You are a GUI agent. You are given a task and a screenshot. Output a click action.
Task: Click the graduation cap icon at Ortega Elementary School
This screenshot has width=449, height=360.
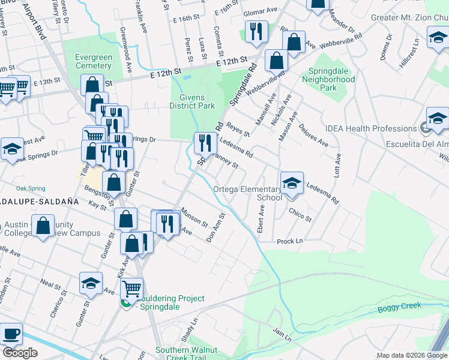pyautogui.click(x=292, y=183)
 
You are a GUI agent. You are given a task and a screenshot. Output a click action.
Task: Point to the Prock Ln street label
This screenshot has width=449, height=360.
pyautogui.click(x=289, y=241)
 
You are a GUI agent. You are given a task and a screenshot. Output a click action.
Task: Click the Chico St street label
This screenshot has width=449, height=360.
pyautogui.click(x=300, y=215)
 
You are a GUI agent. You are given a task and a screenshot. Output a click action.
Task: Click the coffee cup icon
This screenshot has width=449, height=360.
pyautogui.click(x=11, y=333)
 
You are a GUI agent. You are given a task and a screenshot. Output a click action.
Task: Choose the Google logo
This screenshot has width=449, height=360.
pyautogui.click(x=20, y=353)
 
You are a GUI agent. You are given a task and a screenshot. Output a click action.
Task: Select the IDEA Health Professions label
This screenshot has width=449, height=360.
pyautogui.click(x=369, y=128)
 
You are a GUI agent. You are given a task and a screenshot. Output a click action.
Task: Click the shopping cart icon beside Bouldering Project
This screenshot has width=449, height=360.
pyautogui.click(x=131, y=289)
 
